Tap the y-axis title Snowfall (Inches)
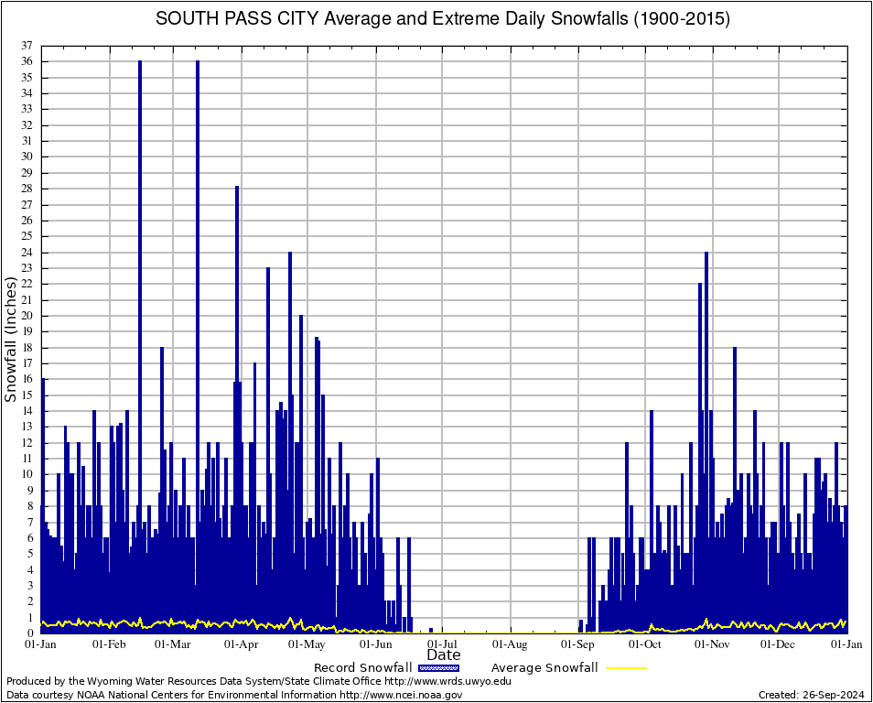pos(11,340)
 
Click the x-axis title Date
pos(444,655)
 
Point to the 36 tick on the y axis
pos(28,61)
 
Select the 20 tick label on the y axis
pos(28,316)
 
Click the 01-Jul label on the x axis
pos(443,644)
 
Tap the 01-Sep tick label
pos(578,644)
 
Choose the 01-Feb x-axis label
pos(109,644)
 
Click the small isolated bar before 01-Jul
pos(431,630)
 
